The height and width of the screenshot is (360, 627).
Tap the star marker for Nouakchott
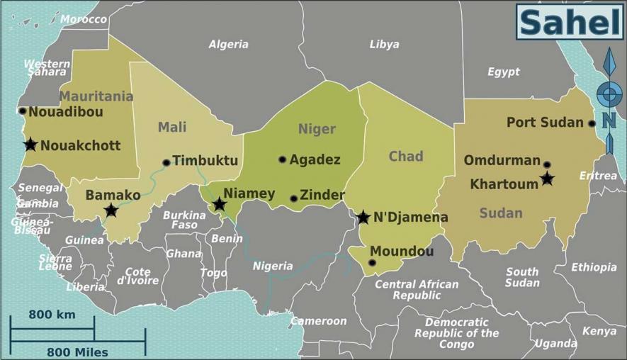(30, 145)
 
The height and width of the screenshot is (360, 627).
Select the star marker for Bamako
(111, 210)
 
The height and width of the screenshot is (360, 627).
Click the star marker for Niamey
(220, 205)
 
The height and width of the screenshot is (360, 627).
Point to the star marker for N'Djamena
(363, 217)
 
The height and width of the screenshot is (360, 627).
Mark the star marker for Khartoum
(547, 179)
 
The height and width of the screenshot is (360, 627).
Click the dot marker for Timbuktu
(166, 162)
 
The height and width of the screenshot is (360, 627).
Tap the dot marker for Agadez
(282, 159)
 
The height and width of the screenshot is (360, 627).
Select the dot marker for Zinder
(293, 198)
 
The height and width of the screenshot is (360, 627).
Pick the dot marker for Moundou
(372, 263)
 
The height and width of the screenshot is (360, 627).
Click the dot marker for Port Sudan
(592, 123)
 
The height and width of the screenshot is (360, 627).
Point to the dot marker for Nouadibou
(23, 111)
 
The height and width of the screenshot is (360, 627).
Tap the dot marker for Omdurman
(546, 164)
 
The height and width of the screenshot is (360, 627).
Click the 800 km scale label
(52, 314)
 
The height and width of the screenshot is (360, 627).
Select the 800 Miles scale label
(77, 351)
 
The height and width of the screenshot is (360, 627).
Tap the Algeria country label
(228, 44)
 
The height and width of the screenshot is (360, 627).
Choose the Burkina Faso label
(184, 220)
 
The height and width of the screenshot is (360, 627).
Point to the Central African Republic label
(417, 289)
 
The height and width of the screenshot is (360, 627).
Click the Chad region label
(406, 156)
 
